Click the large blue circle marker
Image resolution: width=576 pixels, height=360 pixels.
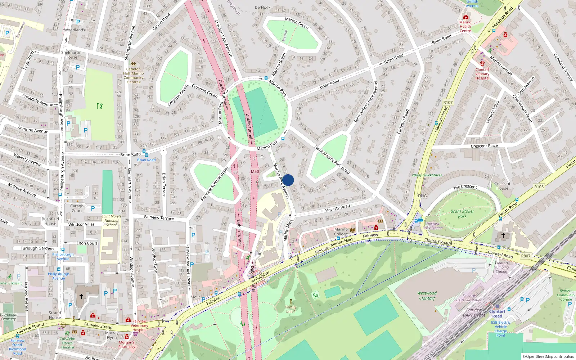pyautogui.click(x=288, y=180)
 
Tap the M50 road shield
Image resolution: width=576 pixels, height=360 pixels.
pyautogui.click(x=255, y=171)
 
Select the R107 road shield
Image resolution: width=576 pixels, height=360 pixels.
pyautogui.click(x=448, y=103)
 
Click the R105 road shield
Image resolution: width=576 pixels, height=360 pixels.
pyautogui.click(x=539, y=186)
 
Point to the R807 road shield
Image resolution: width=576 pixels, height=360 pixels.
pyautogui.click(x=526, y=256)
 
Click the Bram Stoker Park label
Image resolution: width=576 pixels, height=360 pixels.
pyautogui.click(x=462, y=214)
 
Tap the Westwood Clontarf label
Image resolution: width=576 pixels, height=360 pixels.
pyautogui.click(x=427, y=296)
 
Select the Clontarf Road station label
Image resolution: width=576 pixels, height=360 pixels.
pyautogui.click(x=497, y=314)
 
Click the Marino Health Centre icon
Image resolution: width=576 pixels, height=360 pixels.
pyautogui.click(x=466, y=17)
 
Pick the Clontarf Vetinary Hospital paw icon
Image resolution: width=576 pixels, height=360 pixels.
pyautogui.click(x=482, y=63)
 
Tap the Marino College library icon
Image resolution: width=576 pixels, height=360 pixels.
pyautogui.click(x=352, y=230)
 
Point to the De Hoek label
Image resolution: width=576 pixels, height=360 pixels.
pyautogui.click(x=262, y=7)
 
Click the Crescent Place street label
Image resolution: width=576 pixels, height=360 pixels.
pyautogui.click(x=484, y=146)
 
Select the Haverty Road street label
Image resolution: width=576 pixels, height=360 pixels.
pyautogui.click(x=337, y=208)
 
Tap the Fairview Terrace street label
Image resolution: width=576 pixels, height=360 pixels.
pyautogui.click(x=159, y=217)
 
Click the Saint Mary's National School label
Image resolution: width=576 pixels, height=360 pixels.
pyautogui.click(x=111, y=221)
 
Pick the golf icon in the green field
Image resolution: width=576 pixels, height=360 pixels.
pyautogui.click(x=100, y=106)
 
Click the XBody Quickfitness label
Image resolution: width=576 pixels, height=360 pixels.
pyautogui.click(x=427, y=175)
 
